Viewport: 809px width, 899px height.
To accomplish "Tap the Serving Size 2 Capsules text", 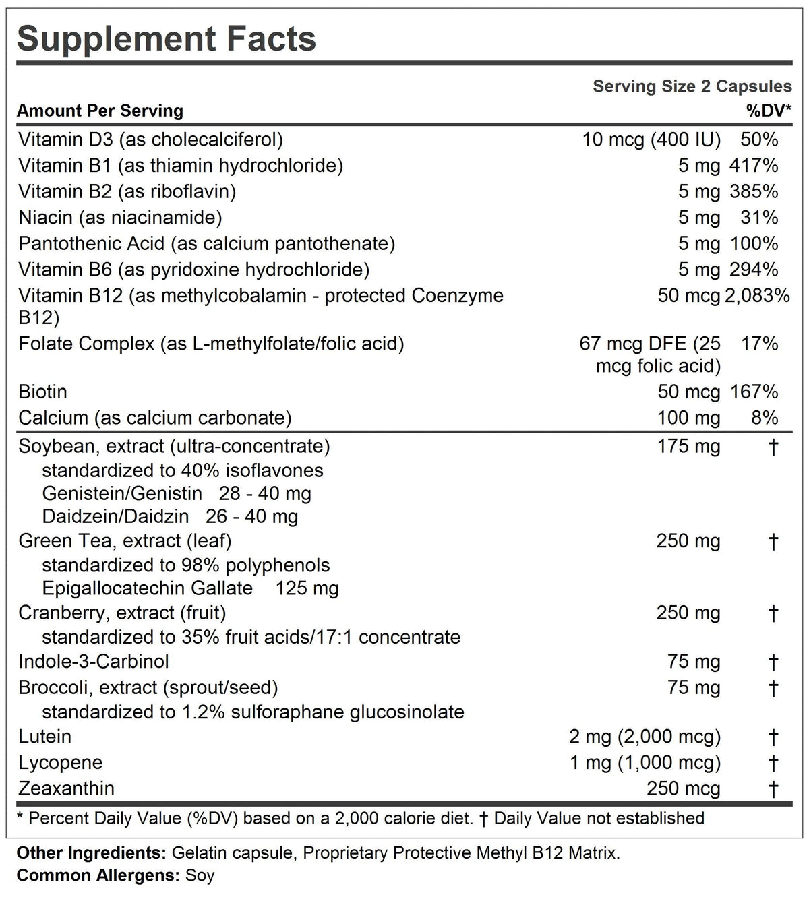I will pos(692,86).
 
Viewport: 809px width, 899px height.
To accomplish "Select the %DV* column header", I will pos(769,111).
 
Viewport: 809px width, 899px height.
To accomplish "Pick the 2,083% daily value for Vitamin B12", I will pos(757,296).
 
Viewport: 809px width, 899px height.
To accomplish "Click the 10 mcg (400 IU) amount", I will pos(651,139).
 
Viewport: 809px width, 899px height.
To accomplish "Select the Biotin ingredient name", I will pos(42,392).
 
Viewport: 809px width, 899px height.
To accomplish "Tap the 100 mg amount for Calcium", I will pos(688,418).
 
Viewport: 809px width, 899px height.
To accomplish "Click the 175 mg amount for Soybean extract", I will pos(688,447).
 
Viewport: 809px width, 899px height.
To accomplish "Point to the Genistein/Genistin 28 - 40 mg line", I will pos(177,493).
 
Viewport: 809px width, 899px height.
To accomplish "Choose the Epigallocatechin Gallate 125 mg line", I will pos(190,588).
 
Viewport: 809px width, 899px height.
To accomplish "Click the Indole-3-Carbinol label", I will pos(94,662).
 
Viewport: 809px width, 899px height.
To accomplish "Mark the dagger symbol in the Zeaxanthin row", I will pos(773,788).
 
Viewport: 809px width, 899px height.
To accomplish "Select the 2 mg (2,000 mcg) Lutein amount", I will pos(645,737).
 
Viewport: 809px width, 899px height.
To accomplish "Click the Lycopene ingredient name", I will pos(61,763).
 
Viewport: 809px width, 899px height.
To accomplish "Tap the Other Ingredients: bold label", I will pos(91,853).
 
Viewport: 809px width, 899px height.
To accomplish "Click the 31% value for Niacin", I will pos(764,218).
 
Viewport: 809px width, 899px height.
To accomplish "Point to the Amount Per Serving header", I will pos(100,111).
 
